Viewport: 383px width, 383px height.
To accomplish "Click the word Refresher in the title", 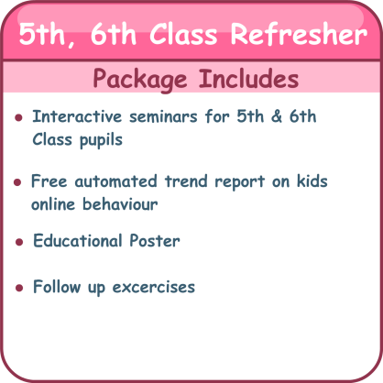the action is (299, 34).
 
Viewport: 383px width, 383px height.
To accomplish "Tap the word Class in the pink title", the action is (183, 34).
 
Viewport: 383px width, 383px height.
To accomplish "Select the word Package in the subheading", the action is (139, 80).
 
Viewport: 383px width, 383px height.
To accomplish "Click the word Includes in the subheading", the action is (248, 78).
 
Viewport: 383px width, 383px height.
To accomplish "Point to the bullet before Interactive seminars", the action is (18, 117).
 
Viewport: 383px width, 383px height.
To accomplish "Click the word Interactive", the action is (77, 116).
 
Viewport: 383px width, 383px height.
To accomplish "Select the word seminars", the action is (163, 117).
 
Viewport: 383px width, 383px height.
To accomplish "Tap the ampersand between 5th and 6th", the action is (277, 116).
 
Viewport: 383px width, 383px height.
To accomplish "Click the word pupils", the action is (101, 141).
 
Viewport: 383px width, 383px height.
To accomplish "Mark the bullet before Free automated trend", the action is (17, 182).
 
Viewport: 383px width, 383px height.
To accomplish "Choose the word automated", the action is (115, 181).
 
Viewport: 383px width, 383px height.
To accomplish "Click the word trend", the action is (186, 181).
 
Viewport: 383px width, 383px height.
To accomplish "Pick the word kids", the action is (312, 181).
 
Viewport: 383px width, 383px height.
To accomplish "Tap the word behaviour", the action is (120, 204).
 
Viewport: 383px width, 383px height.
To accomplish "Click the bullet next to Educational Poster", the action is (19, 242).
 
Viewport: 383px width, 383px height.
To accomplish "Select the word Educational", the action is (78, 240).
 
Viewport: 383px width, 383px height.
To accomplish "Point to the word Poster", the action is (155, 241).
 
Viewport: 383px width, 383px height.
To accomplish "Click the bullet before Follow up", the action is (19, 288).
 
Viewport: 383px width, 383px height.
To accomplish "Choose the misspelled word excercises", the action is (154, 287).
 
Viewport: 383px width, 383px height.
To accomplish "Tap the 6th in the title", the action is (113, 34).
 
